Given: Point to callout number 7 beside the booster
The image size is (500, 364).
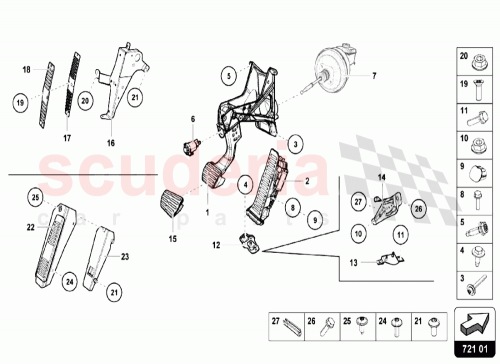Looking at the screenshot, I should pyautogui.click(x=376, y=76).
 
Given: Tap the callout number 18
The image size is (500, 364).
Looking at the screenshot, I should pyautogui.click(x=27, y=69).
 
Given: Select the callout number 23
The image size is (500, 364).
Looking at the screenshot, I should pyautogui.click(x=125, y=257).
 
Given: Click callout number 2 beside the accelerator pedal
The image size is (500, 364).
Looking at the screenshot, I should pyautogui.click(x=308, y=181).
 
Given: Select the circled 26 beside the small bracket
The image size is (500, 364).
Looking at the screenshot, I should pyautogui.click(x=418, y=208).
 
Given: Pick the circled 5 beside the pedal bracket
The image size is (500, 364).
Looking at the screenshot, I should pyautogui.click(x=228, y=74).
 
